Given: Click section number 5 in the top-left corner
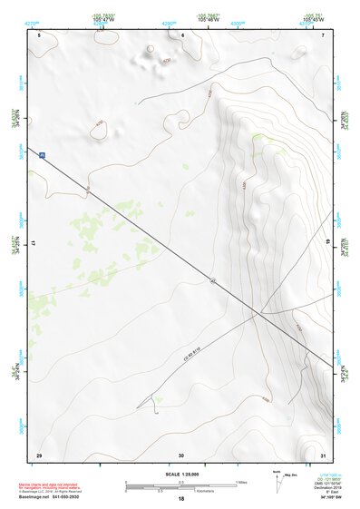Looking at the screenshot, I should [40, 34].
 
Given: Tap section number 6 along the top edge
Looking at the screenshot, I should [182, 34].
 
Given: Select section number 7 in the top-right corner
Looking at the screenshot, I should [323, 34].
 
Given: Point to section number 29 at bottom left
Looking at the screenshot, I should [39, 454].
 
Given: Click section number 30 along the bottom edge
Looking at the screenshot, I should [181, 454].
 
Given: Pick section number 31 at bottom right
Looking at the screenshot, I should [323, 454].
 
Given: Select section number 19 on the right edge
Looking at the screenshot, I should [328, 244].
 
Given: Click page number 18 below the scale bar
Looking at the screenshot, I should [181, 499].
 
